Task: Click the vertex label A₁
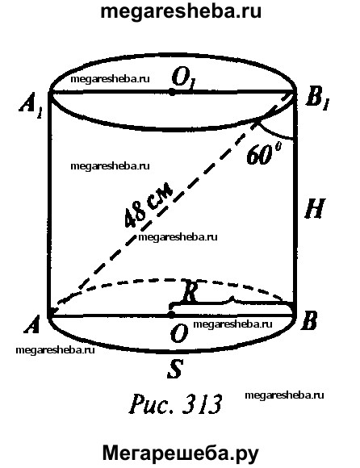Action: pyautogui.click(x=30, y=106)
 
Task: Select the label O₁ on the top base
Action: pyautogui.click(x=182, y=78)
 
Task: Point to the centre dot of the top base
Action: pyautogui.click(x=172, y=92)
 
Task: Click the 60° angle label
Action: pyautogui.click(x=263, y=153)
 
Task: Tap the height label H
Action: pyautogui.click(x=315, y=208)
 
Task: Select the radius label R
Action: pyautogui.click(x=190, y=291)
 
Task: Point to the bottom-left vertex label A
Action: pyautogui.click(x=32, y=324)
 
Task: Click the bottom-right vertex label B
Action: pyautogui.click(x=308, y=321)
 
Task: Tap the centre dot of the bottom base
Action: pyautogui.click(x=171, y=315)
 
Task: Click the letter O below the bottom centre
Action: pyautogui.click(x=179, y=333)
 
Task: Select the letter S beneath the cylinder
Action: pyautogui.click(x=175, y=369)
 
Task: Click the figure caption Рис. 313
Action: pyautogui.click(x=175, y=403)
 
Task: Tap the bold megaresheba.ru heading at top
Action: pyautogui.click(x=181, y=12)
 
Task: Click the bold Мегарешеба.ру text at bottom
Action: pyautogui.click(x=181, y=454)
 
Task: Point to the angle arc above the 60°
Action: pyautogui.click(x=274, y=134)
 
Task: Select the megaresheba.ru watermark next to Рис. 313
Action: pyautogui.click(x=284, y=395)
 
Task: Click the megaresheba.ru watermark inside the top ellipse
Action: pyautogui.click(x=110, y=79)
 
